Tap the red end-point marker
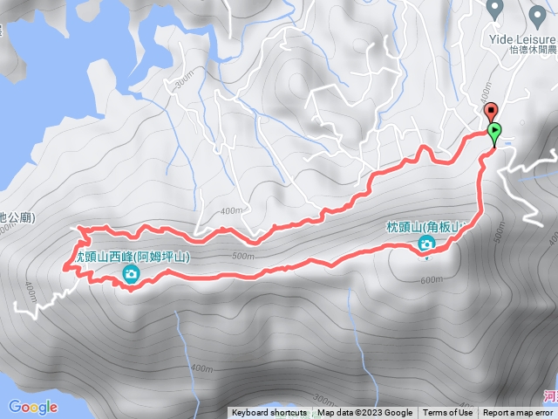click(x=490, y=112)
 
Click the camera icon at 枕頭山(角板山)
click(x=426, y=244)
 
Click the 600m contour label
click(x=431, y=280)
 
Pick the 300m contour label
click(x=182, y=80)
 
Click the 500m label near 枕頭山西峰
click(x=245, y=257)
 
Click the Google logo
click(x=33, y=407)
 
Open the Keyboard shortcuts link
click(x=269, y=413)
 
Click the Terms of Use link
click(x=447, y=413)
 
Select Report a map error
click(x=518, y=413)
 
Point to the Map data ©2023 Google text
click(x=364, y=413)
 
